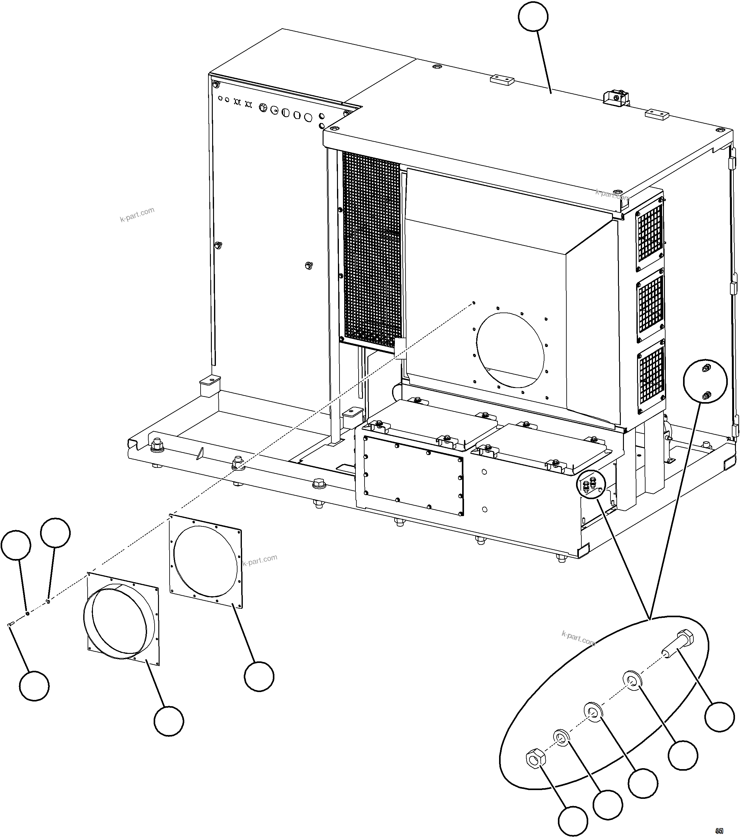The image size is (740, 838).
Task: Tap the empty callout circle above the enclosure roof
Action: click(x=533, y=16)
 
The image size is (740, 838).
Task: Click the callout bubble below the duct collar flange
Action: click(x=169, y=721)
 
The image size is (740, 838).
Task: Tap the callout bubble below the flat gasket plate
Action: click(x=259, y=676)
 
